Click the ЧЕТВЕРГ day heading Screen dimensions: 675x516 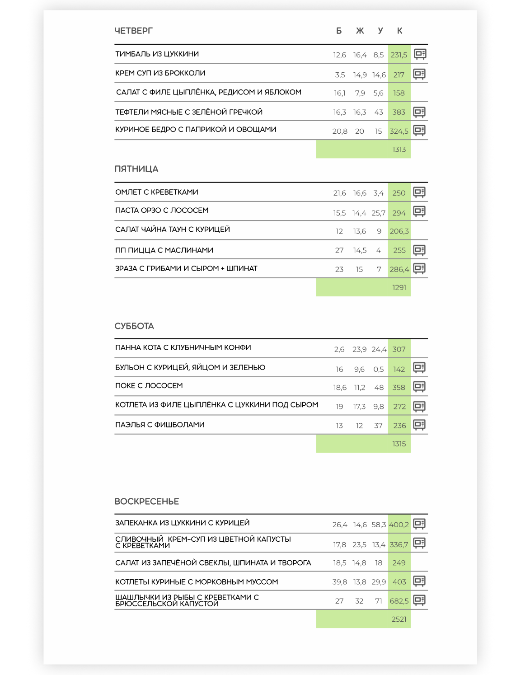click(x=134, y=31)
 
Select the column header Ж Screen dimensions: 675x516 click(x=360, y=31)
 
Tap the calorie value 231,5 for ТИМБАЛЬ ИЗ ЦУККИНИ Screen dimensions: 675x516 click(x=399, y=55)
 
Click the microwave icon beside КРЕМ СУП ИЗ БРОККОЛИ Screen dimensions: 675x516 click(x=419, y=74)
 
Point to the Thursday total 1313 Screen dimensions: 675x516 click(x=399, y=150)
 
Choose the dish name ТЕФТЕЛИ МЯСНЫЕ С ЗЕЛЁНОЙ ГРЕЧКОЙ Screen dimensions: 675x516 click(x=189, y=112)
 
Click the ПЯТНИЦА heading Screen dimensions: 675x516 click(x=136, y=169)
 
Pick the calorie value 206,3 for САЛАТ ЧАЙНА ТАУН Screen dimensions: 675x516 click(x=399, y=231)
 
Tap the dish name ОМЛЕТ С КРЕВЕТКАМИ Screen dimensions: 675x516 click(x=157, y=192)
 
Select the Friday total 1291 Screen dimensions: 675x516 click(x=399, y=287)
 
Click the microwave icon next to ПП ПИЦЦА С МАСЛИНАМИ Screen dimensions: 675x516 click(x=419, y=250)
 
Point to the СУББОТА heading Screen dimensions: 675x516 click(x=134, y=326)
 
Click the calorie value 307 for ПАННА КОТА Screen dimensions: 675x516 click(x=399, y=349)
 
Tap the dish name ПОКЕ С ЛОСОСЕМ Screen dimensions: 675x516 click(x=149, y=386)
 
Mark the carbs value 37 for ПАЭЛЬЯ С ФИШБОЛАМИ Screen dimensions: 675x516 click(x=379, y=426)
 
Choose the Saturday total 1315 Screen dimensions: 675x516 click(x=399, y=444)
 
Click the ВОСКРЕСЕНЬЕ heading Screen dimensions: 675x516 click(x=147, y=502)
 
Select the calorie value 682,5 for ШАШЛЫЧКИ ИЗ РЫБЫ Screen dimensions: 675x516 click(x=399, y=601)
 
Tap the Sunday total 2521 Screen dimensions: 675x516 click(x=399, y=619)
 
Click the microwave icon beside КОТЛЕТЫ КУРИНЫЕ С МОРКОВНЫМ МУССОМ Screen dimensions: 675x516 click(x=419, y=581)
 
